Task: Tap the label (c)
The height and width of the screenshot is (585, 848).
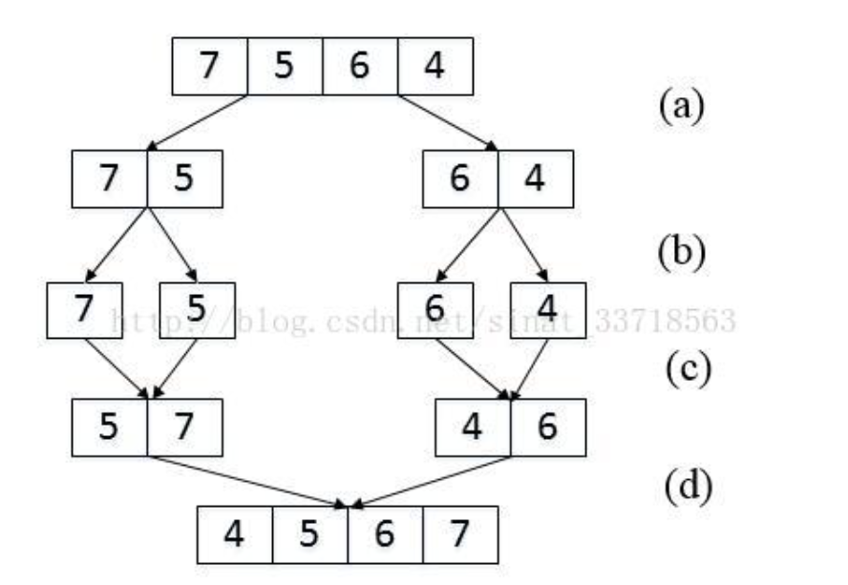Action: [x=682, y=367]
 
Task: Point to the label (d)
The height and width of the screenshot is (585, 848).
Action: [x=682, y=487]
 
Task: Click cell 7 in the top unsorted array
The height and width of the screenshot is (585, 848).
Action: [x=209, y=66]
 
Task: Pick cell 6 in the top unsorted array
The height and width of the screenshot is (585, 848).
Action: [x=360, y=66]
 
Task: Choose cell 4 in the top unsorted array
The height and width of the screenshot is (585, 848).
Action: [x=435, y=66]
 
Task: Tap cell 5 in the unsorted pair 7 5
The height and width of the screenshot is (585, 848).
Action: [x=185, y=179]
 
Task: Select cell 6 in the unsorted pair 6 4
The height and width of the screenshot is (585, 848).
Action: [x=460, y=179]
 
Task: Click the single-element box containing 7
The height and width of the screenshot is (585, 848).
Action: [x=85, y=310]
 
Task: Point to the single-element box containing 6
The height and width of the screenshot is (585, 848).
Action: [x=435, y=310]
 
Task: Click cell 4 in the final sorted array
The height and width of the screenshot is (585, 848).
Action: [x=235, y=533]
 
